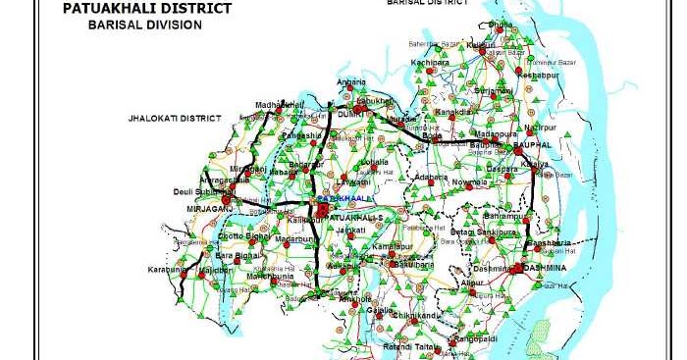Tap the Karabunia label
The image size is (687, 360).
point(168,269)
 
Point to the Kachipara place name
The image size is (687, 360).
point(429,62)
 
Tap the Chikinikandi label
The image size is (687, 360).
point(414,316)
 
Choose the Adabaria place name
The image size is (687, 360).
point(432,177)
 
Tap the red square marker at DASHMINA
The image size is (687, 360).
point(516,268)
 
